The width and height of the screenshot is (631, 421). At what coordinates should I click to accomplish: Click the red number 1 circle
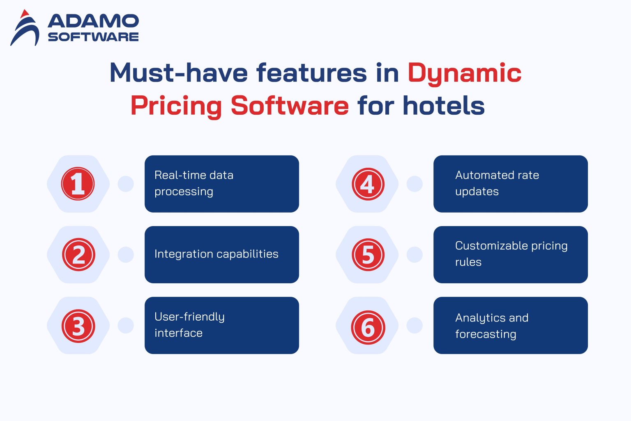(x=78, y=184)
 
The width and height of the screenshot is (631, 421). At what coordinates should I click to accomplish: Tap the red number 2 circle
(x=78, y=254)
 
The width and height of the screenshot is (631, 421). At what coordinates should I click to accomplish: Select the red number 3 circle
(x=78, y=326)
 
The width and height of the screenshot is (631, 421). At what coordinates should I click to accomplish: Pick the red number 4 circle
(x=368, y=184)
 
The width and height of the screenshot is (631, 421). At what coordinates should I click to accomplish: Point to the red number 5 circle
(x=368, y=254)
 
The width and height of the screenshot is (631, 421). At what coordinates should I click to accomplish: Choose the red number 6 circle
(x=368, y=327)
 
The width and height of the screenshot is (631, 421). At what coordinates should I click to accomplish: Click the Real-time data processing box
(x=221, y=184)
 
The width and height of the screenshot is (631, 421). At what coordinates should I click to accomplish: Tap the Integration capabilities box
(x=221, y=254)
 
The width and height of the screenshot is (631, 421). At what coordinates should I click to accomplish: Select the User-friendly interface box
(x=221, y=325)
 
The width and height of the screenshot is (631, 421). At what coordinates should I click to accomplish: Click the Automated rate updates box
(x=510, y=184)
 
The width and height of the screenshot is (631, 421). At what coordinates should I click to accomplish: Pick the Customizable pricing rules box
(x=510, y=254)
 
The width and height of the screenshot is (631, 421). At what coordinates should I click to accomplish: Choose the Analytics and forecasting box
(x=510, y=325)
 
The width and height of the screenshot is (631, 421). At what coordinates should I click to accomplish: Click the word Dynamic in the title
(x=464, y=74)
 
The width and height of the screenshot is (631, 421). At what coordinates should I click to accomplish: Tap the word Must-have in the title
(x=178, y=73)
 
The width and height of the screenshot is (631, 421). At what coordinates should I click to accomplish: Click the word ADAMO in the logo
(x=93, y=21)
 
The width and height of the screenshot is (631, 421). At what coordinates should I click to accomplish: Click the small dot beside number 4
(x=414, y=184)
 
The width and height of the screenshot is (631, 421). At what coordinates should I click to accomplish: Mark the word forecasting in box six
(x=486, y=334)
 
